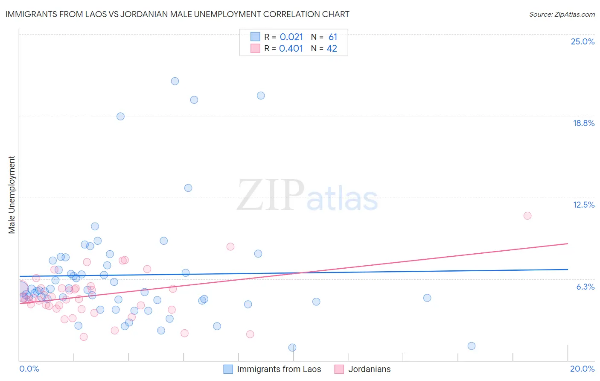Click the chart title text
177,15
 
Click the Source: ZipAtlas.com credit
562,15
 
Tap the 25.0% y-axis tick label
583,42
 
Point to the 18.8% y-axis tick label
583,123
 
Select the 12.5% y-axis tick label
583,205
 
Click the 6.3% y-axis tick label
585,287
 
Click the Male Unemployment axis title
12,195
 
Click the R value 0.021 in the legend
291,37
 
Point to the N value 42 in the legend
332,49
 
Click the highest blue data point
175,81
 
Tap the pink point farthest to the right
527,216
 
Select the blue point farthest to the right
472,346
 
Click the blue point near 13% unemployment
188,188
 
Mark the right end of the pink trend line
568,243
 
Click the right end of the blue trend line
568,270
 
